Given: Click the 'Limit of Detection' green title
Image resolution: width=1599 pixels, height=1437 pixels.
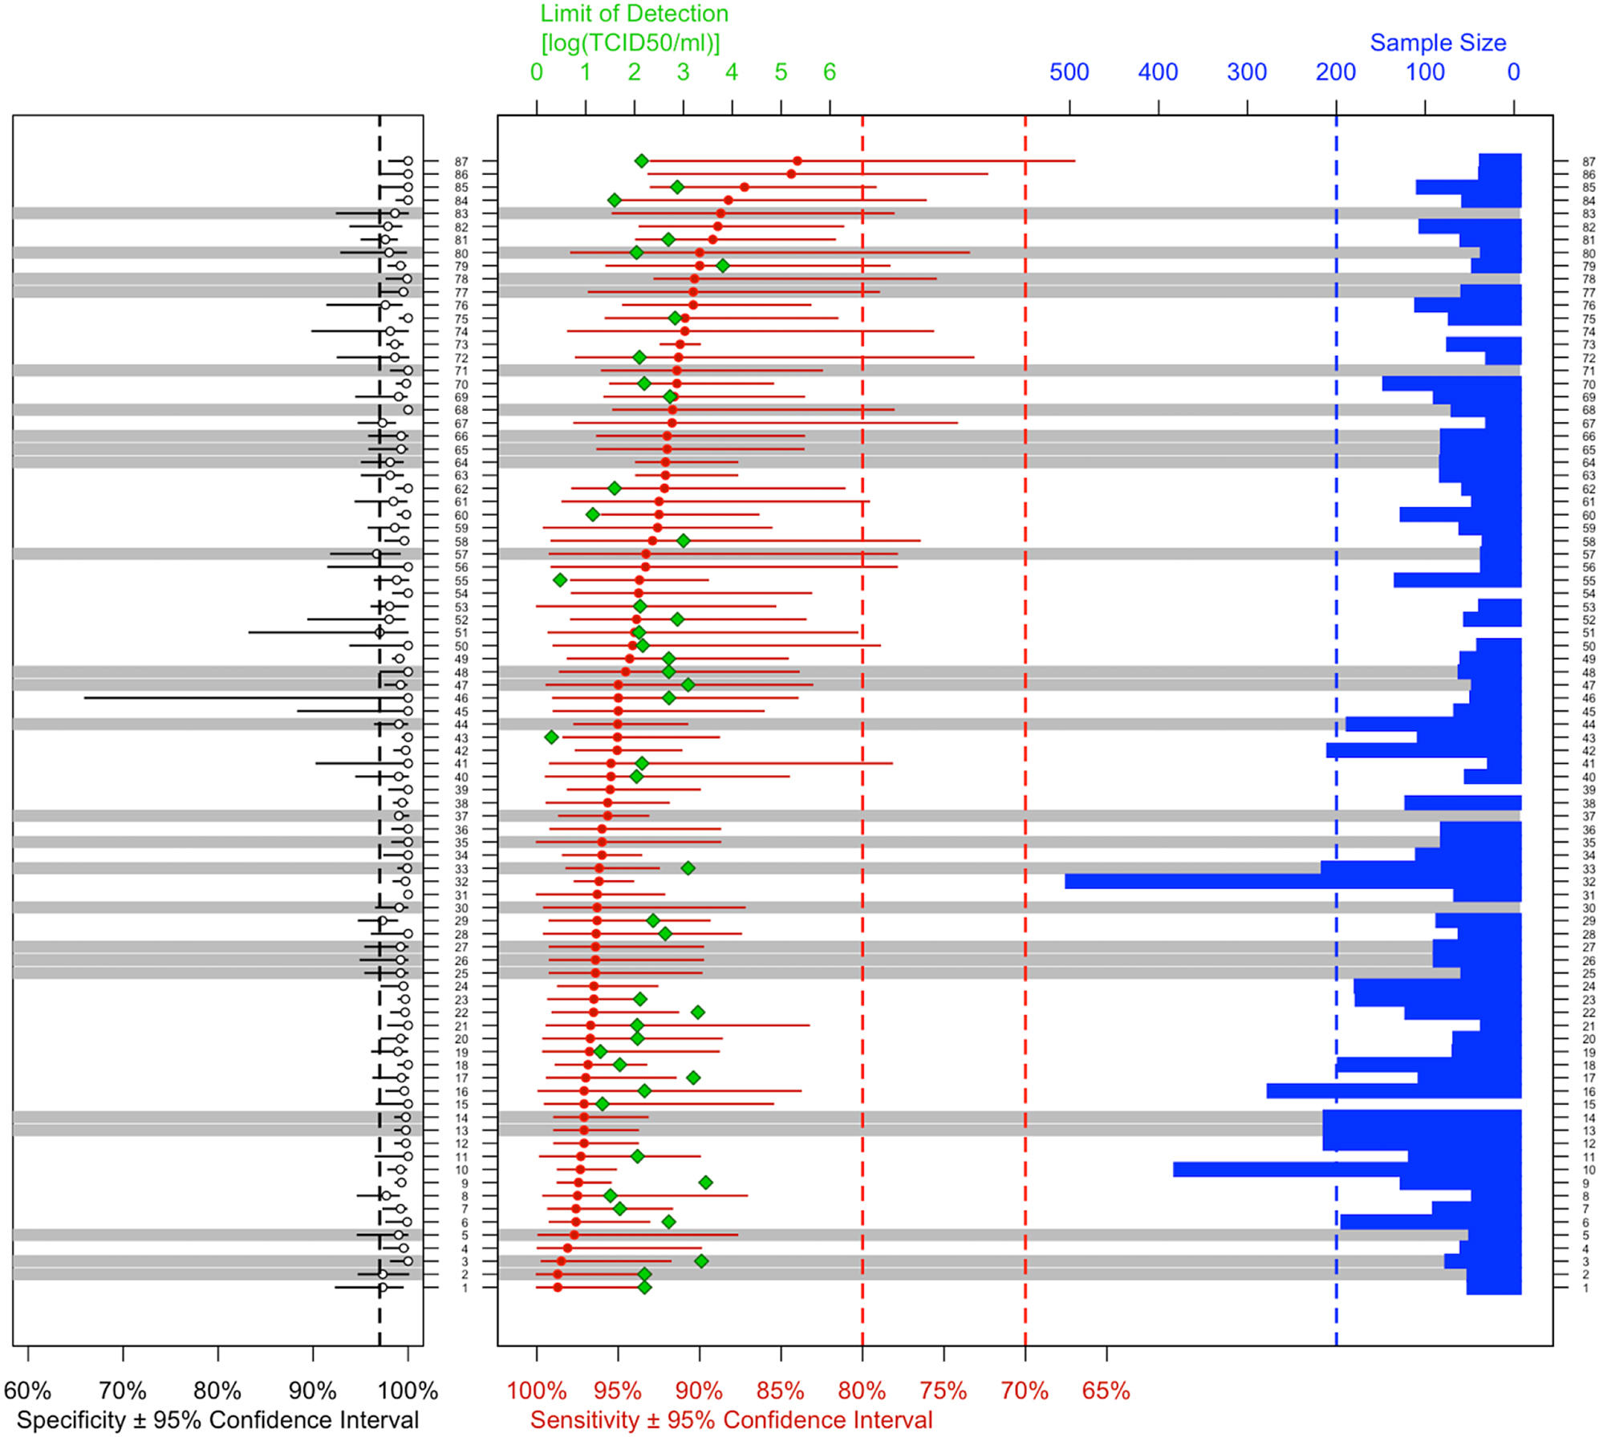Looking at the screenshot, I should coord(634,14).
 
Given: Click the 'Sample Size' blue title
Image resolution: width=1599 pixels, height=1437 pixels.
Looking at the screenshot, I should coord(1438,43).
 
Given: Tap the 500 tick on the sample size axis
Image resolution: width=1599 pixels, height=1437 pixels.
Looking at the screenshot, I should coord(1069,72).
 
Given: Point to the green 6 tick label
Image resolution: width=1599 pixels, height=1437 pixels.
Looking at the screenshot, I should coord(830,72).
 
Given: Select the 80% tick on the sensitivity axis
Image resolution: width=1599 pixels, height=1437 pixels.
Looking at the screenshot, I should coord(862,1390).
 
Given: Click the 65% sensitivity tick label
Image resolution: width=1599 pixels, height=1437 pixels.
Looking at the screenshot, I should coord(1106,1390).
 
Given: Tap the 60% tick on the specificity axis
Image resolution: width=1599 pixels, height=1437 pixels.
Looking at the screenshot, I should coord(27,1390).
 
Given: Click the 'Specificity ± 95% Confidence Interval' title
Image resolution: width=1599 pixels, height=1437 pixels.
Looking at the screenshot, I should coord(217,1420).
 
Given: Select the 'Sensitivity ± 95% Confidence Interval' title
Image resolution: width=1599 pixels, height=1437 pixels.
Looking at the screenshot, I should coord(731,1420).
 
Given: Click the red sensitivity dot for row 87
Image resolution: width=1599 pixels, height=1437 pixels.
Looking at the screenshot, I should coord(797,161).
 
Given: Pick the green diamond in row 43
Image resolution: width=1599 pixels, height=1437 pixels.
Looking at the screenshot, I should coord(551,737).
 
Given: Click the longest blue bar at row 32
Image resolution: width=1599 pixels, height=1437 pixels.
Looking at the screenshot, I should coord(1292,881).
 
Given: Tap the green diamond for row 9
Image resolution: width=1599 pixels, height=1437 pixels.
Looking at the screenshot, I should coord(705,1183).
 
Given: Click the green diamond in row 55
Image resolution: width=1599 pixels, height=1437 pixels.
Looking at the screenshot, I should coord(560,580).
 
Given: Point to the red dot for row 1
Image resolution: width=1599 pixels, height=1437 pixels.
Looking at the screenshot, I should coord(558,1287).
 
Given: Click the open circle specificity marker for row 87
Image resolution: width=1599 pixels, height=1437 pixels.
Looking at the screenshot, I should coord(408,161).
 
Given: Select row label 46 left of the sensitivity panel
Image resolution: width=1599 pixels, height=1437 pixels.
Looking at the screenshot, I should coord(461,699).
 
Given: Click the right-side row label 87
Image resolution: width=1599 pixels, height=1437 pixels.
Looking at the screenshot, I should coord(1588,162).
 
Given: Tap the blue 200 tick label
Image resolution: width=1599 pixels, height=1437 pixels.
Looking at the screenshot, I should coord(1335,72).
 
